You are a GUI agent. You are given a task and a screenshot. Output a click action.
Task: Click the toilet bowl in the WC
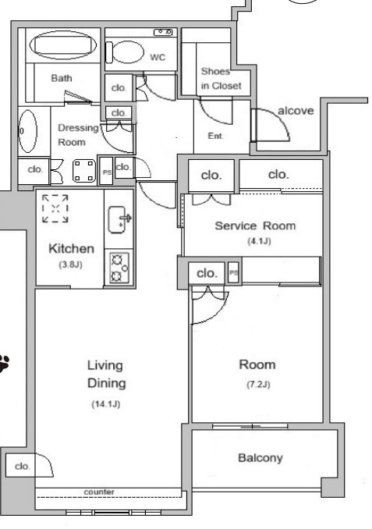(x=126, y=52)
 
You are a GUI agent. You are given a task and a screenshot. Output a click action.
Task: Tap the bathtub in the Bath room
(x=63, y=45)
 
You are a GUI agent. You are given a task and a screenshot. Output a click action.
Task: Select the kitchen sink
(x=118, y=219)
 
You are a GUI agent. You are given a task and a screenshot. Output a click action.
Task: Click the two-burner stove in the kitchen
(x=119, y=268)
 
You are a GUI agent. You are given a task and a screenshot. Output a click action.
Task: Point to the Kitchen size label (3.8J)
(x=70, y=264)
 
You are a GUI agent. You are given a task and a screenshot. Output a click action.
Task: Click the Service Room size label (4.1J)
(x=259, y=241)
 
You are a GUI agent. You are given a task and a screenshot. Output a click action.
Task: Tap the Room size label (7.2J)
(x=258, y=385)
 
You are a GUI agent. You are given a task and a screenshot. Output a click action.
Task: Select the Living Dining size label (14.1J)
(x=106, y=404)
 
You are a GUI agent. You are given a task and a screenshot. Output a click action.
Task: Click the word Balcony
(x=260, y=458)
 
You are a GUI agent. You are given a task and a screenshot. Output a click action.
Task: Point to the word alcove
(x=296, y=111)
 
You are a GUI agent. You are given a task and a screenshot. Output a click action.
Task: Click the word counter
(x=99, y=492)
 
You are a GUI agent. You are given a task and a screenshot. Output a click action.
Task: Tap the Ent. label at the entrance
(x=216, y=136)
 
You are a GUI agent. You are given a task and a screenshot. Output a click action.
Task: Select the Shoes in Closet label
(x=221, y=79)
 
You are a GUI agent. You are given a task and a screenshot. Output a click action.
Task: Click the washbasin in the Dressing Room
(x=27, y=131)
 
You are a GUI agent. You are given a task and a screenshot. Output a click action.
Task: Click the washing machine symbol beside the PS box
(x=84, y=171)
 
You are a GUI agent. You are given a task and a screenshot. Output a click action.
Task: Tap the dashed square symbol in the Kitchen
(x=55, y=208)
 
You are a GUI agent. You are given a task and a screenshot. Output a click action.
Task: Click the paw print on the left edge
(x=4, y=364)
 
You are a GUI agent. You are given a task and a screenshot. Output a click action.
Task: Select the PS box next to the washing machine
(x=107, y=171)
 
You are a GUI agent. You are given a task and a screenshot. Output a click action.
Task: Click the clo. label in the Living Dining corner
(x=23, y=467)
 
